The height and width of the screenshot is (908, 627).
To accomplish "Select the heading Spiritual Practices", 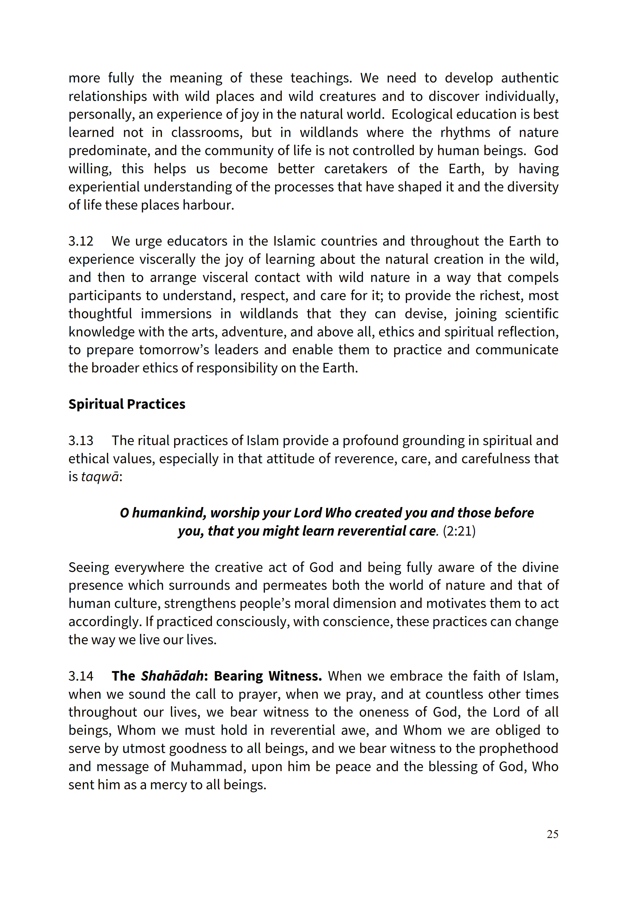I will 127,404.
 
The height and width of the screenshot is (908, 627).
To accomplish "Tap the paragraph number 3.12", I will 81,241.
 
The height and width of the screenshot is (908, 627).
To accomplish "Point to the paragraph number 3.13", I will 81,441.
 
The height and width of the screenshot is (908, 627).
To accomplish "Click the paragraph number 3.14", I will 81,676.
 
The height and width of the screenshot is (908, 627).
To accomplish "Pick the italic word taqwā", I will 100,477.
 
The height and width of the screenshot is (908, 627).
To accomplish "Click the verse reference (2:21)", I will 459,531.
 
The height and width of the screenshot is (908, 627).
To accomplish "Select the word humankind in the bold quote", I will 169,513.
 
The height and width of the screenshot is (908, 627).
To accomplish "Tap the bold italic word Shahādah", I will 172,676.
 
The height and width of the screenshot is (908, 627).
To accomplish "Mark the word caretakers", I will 355,169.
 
